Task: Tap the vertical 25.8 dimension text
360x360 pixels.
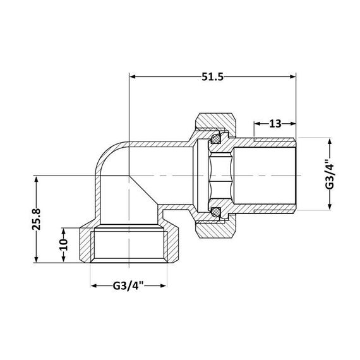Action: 39,220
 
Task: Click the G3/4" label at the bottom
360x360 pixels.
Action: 131,286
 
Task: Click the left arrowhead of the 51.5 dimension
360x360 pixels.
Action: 133,76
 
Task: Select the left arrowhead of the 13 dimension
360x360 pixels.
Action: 257,124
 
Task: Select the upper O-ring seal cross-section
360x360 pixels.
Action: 216,136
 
